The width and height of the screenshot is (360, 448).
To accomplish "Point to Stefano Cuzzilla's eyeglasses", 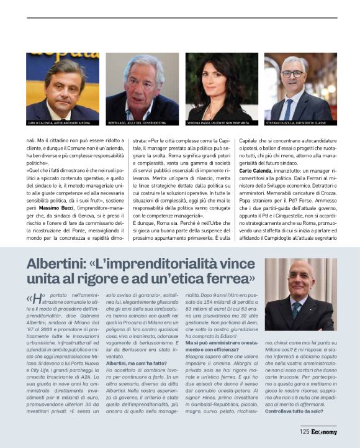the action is click(x=293, y=74).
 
